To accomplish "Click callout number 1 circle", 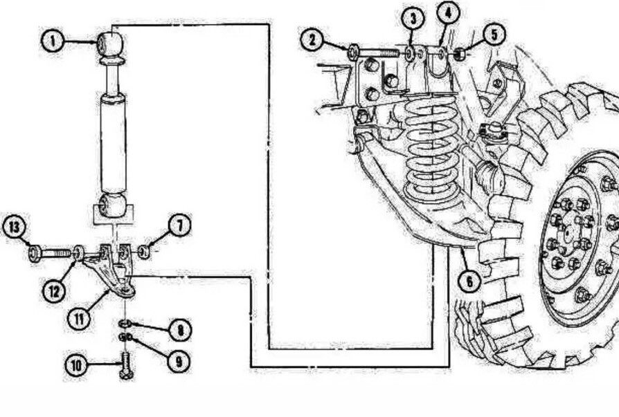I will pyautogui.click(x=53, y=41).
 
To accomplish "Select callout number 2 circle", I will pyautogui.click(x=314, y=40).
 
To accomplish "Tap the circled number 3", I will pyautogui.click(x=413, y=19).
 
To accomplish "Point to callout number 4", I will pyautogui.click(x=448, y=12).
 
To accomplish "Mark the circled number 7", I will pyautogui.click(x=179, y=225).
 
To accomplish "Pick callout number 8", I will pyautogui.click(x=179, y=330).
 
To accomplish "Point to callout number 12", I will pyautogui.click(x=56, y=291).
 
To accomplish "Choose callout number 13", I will pyautogui.click(x=15, y=226).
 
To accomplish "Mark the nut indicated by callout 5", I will pyautogui.click(x=460, y=52).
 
